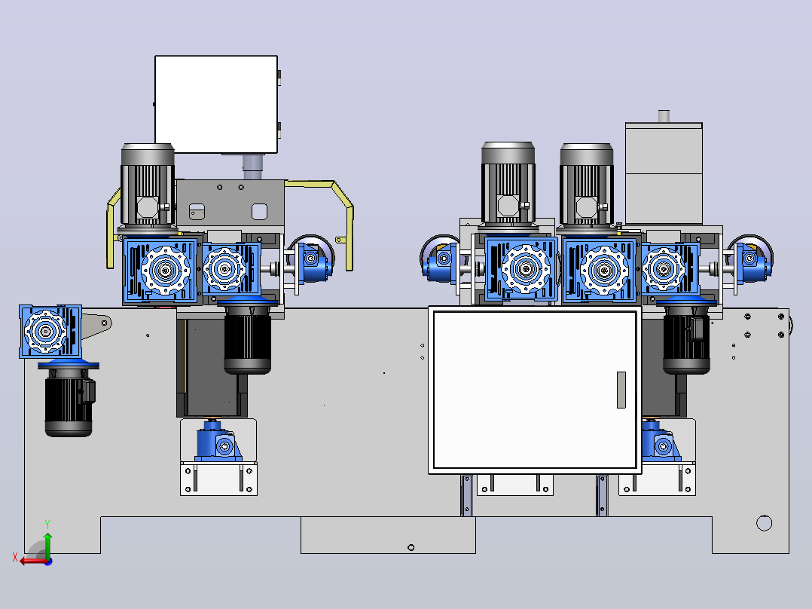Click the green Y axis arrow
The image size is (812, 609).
click(47, 544)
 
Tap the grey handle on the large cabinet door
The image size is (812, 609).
click(621, 390)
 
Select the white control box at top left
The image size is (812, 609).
click(216, 104)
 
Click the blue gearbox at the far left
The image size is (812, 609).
click(50, 331)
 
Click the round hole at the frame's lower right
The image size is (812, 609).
click(764, 523)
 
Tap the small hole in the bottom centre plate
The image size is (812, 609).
click(411, 547)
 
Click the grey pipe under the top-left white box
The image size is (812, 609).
click(253, 167)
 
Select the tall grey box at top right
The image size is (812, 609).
click(664, 173)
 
